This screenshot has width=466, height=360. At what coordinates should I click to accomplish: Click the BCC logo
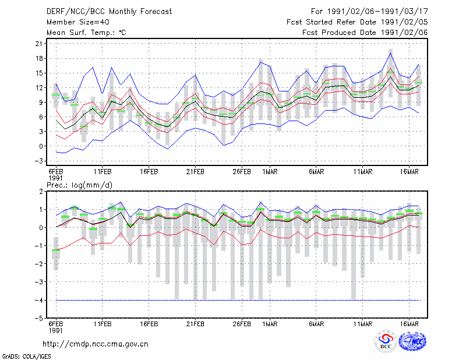coord(386,342)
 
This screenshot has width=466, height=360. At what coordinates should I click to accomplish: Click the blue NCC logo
coord(412,341)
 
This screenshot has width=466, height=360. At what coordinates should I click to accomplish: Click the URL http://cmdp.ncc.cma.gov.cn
coord(96,344)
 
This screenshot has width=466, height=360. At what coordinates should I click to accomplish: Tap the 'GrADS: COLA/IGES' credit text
coord(26,357)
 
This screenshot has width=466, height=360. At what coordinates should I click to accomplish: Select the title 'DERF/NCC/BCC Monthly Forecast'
coord(109,12)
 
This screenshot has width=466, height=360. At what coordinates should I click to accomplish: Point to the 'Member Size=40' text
coord(78,22)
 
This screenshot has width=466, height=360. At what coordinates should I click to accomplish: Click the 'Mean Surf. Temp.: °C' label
coord(86,33)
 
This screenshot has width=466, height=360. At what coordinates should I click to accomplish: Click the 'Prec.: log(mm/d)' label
coord(79,185)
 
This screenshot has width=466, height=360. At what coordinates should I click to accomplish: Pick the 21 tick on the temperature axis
coord(39,44)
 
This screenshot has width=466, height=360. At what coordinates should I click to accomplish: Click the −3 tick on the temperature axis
coord(39,161)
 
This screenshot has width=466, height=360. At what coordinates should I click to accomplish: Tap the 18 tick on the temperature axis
coord(39,58)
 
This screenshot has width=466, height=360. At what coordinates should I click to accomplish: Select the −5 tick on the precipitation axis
coord(39,318)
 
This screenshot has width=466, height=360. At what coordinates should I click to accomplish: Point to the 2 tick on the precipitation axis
coord(41,192)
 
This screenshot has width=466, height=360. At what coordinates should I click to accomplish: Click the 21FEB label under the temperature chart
coord(195,172)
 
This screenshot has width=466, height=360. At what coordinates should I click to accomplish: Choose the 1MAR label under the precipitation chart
coord(270,324)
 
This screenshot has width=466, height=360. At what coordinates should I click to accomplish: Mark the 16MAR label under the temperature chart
coord(409,172)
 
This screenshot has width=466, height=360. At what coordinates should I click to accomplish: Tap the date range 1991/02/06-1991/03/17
coord(377,12)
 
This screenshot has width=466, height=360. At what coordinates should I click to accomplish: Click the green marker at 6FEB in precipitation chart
coord(56,250)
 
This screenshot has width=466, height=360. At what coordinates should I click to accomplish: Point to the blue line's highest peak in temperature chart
coord(390,53)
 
